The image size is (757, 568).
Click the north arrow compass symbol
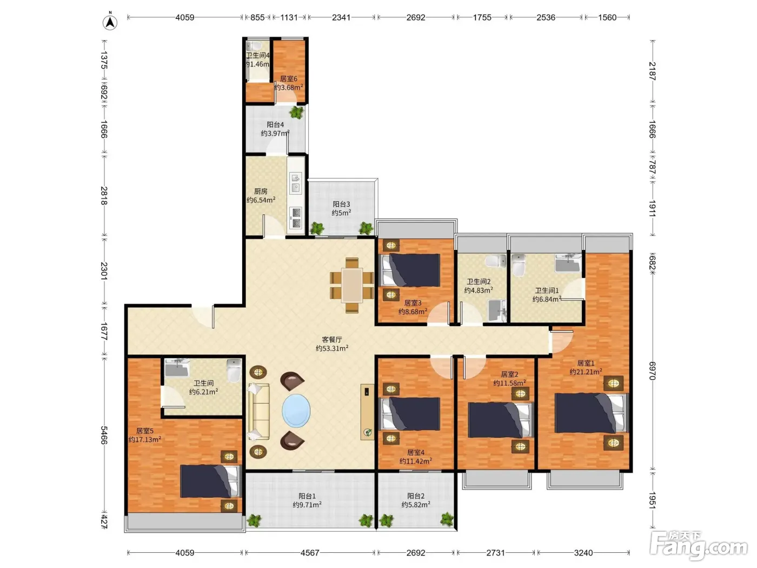(x=110, y=22)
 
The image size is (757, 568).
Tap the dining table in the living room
(x=351, y=285)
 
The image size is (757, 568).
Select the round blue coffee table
(x=296, y=411)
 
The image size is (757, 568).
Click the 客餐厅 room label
(x=332, y=339)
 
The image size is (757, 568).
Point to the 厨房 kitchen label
(x=261, y=191)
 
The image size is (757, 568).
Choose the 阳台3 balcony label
(x=341, y=204)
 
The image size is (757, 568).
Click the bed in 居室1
(x=592, y=413)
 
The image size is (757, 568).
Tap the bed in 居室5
(x=210, y=481)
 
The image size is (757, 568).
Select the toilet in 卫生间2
(x=496, y=261)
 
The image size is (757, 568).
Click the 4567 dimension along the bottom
(x=310, y=553)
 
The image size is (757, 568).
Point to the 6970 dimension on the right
(x=652, y=371)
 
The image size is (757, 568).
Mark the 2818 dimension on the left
(x=104, y=195)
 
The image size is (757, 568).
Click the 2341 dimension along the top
(x=341, y=17)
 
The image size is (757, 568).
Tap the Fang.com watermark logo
(x=699, y=546)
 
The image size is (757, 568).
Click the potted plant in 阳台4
(x=297, y=112)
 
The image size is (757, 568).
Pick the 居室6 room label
(x=288, y=78)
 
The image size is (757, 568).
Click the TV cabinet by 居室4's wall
(x=367, y=412)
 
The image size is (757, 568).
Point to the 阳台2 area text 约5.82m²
(x=416, y=505)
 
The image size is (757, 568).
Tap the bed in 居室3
(x=410, y=270)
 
